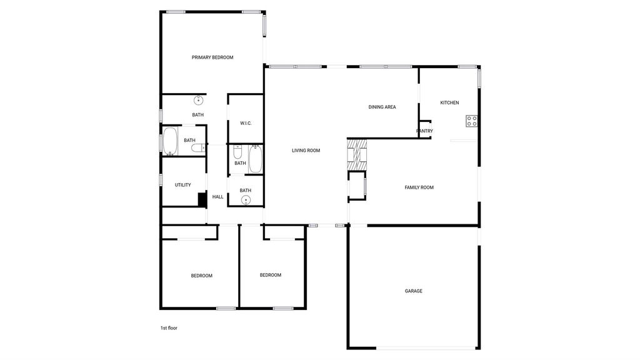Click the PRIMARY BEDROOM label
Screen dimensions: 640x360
(x=212, y=57)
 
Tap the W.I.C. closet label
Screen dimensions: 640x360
(x=246, y=123)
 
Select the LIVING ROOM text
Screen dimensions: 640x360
(x=306, y=151)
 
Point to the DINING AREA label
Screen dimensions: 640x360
(x=382, y=107)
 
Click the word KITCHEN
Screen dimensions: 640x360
(x=449, y=103)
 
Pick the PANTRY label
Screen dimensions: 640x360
(x=424, y=131)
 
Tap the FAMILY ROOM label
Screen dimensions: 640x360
(x=419, y=187)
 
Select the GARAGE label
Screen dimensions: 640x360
(x=414, y=291)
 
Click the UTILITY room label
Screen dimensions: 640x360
(x=183, y=185)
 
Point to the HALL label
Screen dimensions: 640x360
(x=217, y=197)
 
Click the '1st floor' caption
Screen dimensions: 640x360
(x=169, y=328)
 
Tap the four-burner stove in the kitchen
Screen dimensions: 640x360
(x=472, y=121)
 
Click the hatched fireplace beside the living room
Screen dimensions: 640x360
(x=357, y=154)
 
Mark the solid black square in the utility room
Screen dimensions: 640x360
(x=202, y=199)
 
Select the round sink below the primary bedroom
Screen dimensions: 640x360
(x=198, y=100)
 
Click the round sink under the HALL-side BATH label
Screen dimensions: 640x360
(x=245, y=200)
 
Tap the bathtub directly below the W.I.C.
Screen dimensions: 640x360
(x=256, y=159)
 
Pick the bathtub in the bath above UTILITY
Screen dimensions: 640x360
(x=170, y=141)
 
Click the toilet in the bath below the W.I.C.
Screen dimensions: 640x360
(x=237, y=152)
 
